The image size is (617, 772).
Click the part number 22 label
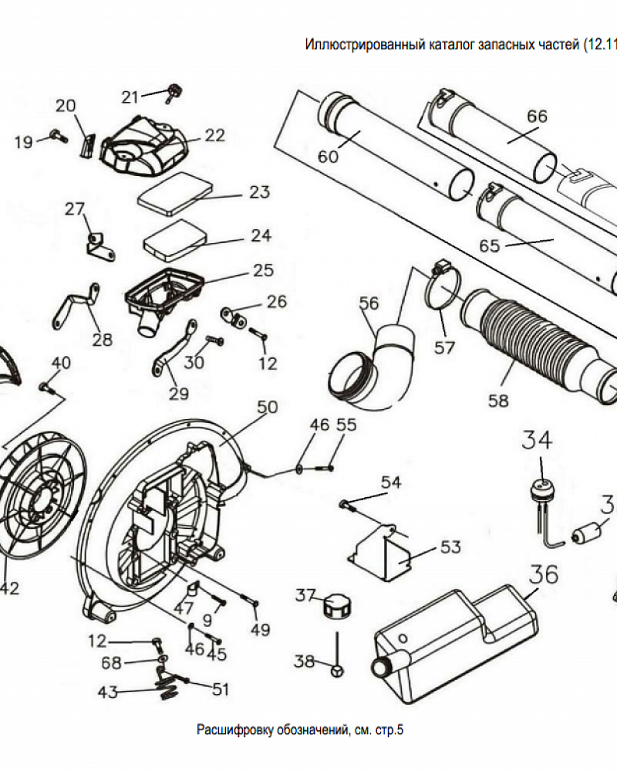[x=215, y=135]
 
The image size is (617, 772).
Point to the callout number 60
[x=328, y=157]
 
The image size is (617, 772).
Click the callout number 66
[x=537, y=117]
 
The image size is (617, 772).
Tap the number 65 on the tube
[x=491, y=246]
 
